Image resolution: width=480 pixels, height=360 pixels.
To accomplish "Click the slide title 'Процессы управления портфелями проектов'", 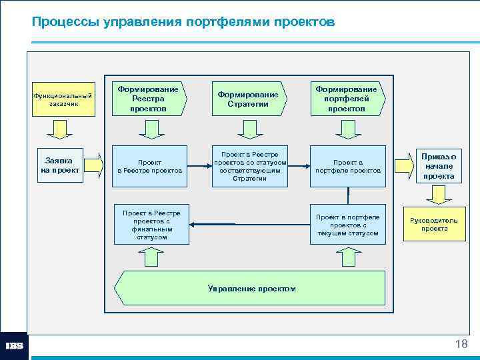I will (183, 23).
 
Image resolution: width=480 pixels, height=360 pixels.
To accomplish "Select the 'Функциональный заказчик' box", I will (63, 99).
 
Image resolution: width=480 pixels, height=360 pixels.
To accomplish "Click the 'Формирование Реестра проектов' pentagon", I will (149, 99).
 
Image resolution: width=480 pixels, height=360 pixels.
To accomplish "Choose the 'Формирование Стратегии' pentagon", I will (249, 99).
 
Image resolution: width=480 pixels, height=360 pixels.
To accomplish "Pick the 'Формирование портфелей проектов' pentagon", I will (346, 99).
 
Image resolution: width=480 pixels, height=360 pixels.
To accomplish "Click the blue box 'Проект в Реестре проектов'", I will (150, 166).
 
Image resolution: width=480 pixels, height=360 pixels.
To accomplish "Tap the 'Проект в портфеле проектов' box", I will (348, 166).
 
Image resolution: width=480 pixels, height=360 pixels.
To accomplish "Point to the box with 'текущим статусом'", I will (348, 224).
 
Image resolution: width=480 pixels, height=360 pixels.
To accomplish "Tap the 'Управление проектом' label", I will (252, 288).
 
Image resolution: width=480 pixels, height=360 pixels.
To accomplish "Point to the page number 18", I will (461, 344).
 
